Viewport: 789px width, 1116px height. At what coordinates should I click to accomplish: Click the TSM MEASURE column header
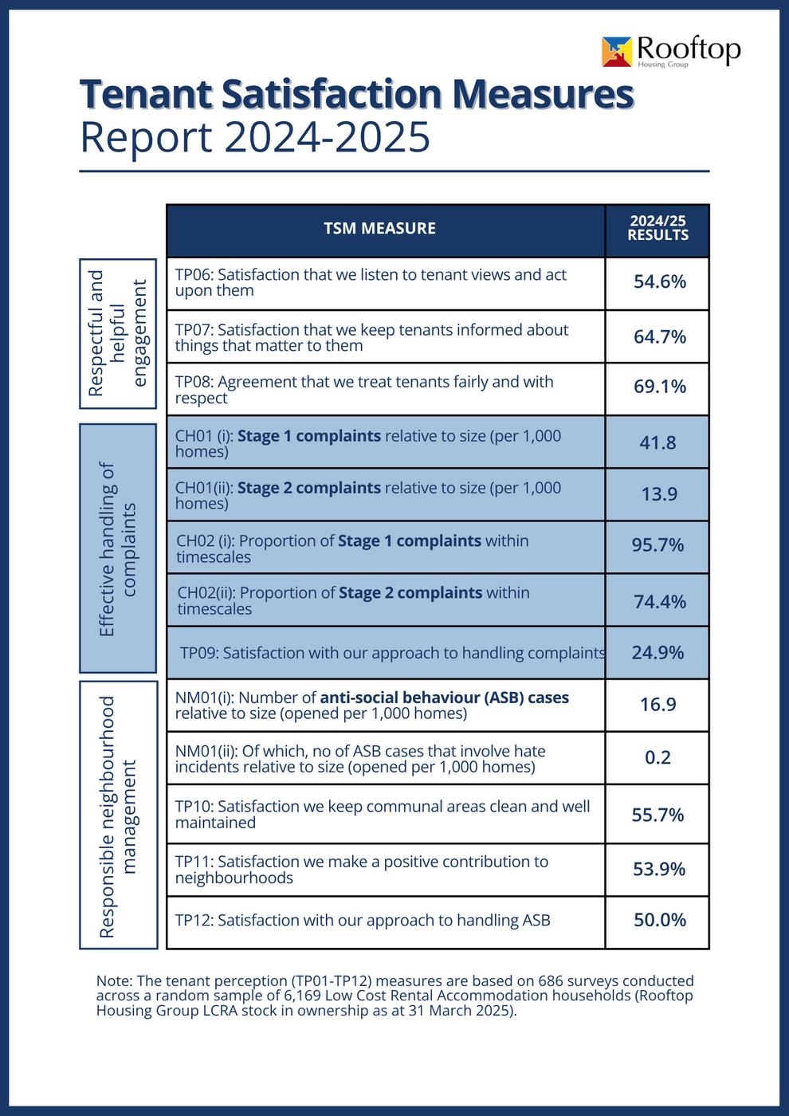pyautogui.click(x=379, y=229)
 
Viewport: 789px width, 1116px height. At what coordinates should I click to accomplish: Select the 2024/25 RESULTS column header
pyautogui.click(x=657, y=228)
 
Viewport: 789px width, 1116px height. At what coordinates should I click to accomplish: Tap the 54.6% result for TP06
pyautogui.click(x=659, y=282)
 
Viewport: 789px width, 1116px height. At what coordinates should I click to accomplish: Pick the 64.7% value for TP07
pyautogui.click(x=659, y=337)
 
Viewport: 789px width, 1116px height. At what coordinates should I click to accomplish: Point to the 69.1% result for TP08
pyautogui.click(x=659, y=387)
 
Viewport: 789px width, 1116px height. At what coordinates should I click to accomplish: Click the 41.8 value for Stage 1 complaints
pyautogui.click(x=657, y=442)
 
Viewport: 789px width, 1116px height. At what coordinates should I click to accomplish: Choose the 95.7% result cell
pyautogui.click(x=657, y=545)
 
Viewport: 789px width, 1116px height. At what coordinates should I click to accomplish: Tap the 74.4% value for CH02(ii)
pyautogui.click(x=659, y=602)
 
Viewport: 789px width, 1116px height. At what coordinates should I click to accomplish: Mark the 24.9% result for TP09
pyautogui.click(x=657, y=653)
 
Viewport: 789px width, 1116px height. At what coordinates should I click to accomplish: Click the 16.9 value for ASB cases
pyautogui.click(x=657, y=705)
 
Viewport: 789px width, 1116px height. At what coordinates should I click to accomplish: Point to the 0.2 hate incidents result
pyautogui.click(x=657, y=757)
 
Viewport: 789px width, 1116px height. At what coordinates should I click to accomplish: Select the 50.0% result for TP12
pyautogui.click(x=659, y=920)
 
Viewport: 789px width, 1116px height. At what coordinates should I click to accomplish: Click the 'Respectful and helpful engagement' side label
pyautogui.click(x=118, y=332)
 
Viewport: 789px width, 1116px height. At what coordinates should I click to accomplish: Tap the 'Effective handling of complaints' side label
pyautogui.click(x=118, y=548)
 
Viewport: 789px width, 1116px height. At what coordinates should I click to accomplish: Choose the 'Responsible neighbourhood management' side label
pyautogui.click(x=118, y=815)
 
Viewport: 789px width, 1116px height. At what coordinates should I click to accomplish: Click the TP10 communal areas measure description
pyautogui.click(x=383, y=814)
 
